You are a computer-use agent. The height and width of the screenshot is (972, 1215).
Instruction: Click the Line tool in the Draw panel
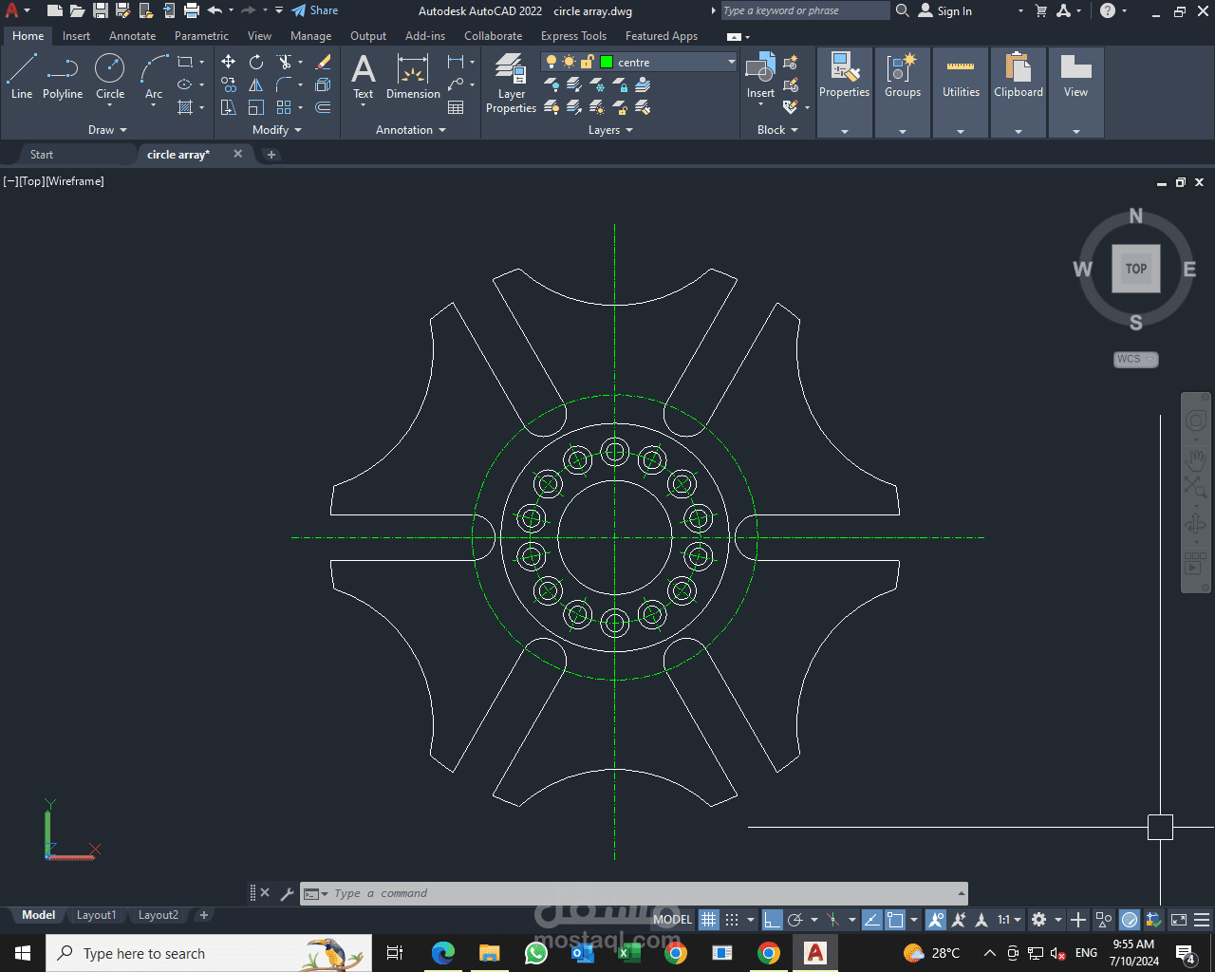(x=22, y=76)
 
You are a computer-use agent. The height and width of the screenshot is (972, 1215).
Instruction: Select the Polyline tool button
(x=63, y=76)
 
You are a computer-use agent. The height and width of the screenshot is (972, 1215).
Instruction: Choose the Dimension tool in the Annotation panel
(x=413, y=76)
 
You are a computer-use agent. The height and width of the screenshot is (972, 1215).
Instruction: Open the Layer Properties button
(x=511, y=83)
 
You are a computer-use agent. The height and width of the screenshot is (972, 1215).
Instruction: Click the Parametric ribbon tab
(x=201, y=36)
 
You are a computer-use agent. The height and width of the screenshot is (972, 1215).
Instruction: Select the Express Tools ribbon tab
(x=573, y=36)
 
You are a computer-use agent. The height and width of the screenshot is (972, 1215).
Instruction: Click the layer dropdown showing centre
(x=639, y=62)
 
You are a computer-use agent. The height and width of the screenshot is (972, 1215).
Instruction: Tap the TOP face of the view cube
(x=1136, y=269)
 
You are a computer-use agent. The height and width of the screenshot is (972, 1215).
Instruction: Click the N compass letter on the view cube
(x=1136, y=216)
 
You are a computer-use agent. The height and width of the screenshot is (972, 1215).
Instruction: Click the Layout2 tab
(x=159, y=915)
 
